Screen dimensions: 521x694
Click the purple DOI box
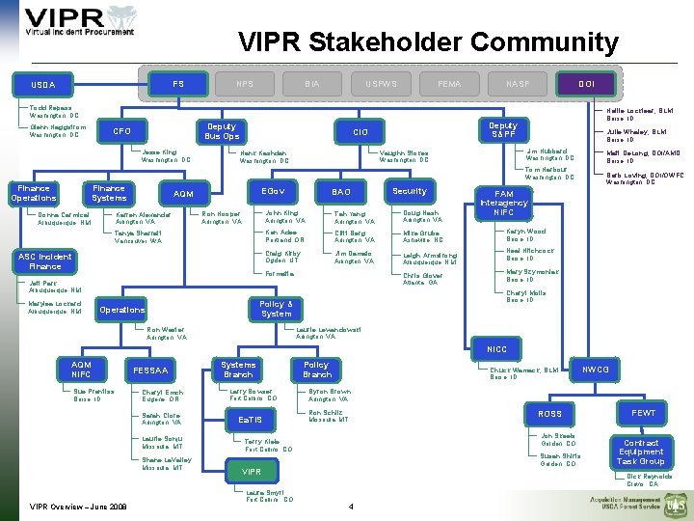pos(585,84)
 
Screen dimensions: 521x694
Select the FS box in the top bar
pos(178,84)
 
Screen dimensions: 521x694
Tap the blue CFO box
pos(122,131)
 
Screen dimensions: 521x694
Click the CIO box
pos(361,131)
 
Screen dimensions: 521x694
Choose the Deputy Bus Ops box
pos(222,130)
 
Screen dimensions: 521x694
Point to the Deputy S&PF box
pos(502,130)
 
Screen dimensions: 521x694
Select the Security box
pos(409,192)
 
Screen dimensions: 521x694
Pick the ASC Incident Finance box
pos(45,261)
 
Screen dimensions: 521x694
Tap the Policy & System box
pos(276,309)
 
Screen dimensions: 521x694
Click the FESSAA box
pos(151,370)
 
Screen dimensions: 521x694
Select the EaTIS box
pos(250,420)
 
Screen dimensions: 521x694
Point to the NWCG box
pos(595,369)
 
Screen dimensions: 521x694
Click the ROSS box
pos(550,414)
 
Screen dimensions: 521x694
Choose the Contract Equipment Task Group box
pos(641,452)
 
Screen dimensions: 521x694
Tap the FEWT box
pos(643,413)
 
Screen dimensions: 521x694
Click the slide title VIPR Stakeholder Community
pos(428,42)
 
